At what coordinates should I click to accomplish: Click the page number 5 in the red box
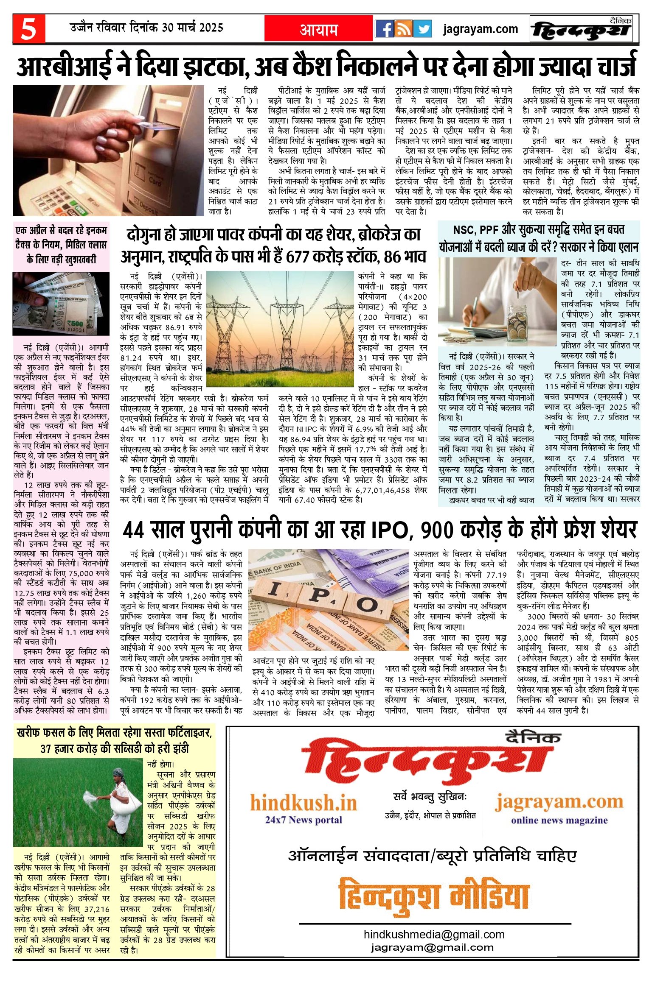click(28, 29)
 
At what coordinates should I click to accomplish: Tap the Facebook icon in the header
click(384, 29)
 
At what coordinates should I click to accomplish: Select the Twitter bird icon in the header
click(422, 29)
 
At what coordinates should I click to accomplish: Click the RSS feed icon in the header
click(403, 29)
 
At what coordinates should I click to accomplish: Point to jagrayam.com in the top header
click(481, 29)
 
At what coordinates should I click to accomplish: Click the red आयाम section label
click(319, 30)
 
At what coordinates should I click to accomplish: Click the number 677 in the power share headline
click(302, 256)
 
